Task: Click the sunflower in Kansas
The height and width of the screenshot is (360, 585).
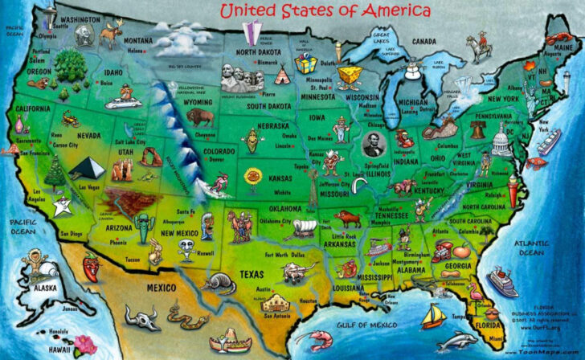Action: [254, 177]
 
